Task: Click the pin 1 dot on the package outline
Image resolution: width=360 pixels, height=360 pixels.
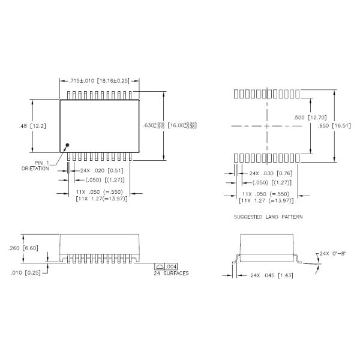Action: [x=67, y=145]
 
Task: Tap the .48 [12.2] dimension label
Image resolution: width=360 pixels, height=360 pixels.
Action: [x=29, y=126]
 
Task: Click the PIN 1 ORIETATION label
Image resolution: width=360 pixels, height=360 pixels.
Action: [x=37, y=166]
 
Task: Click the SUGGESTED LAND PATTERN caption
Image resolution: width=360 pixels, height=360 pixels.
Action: [x=268, y=216]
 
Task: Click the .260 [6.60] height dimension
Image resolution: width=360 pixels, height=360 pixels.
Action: [x=23, y=247]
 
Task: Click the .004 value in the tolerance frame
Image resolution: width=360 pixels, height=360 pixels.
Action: [x=171, y=266]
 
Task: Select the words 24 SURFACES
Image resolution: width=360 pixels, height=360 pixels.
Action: [x=172, y=274]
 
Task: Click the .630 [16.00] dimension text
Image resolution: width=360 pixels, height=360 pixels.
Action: [x=170, y=125]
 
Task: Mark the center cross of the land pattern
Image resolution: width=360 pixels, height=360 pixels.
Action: [x=266, y=126]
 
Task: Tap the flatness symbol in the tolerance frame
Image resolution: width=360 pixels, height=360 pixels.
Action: [x=160, y=266]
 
